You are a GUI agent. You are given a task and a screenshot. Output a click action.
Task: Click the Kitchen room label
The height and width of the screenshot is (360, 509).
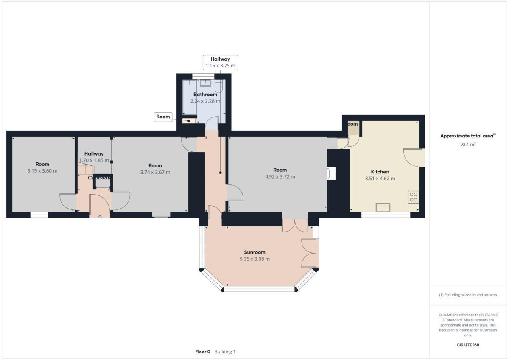[x=380, y=172]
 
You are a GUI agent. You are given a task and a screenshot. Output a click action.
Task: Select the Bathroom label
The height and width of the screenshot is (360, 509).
[x=205, y=95]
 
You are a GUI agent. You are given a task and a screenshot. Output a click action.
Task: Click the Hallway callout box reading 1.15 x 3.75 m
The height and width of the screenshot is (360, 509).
[x=220, y=62]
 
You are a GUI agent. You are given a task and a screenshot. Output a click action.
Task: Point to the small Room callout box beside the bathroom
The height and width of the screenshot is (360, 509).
[x=163, y=117]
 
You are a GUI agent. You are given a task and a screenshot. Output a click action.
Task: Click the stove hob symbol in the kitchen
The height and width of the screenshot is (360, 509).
[x=413, y=197]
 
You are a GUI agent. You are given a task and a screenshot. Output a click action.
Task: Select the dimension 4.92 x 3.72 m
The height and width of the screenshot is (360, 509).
[x=280, y=177]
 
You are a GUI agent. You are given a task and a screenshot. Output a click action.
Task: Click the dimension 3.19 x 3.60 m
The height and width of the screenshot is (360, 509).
[x=42, y=171]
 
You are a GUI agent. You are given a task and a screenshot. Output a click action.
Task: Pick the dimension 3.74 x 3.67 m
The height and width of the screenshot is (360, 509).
[x=155, y=172]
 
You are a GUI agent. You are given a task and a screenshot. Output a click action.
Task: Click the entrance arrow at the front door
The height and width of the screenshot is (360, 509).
[x=100, y=217]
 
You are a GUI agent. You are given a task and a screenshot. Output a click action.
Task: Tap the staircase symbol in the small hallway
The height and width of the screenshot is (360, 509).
[x=85, y=169]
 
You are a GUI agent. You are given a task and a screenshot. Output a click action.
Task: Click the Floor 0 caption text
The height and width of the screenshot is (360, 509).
[x=202, y=352]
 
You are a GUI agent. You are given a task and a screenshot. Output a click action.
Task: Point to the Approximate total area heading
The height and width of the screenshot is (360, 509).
[x=467, y=136]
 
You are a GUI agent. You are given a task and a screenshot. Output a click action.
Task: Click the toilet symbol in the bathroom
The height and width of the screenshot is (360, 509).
[x=218, y=87]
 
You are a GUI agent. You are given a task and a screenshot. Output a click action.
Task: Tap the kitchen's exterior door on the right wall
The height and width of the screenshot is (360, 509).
[x=414, y=157]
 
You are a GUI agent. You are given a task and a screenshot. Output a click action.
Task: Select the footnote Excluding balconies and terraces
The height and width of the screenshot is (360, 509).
[x=467, y=295]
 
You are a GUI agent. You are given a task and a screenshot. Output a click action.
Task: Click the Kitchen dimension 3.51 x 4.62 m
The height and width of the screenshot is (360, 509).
[x=380, y=179]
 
